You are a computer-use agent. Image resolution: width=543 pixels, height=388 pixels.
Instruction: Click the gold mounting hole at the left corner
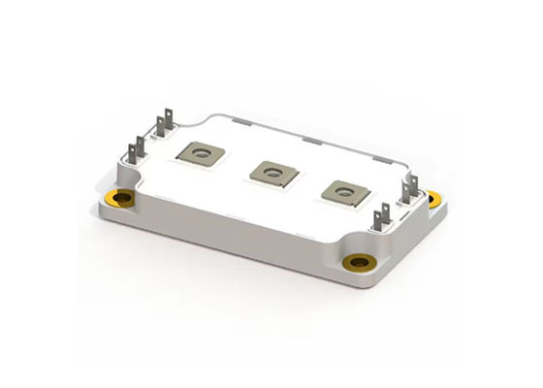(123, 199)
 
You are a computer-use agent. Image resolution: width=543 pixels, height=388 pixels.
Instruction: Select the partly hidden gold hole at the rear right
(433, 198)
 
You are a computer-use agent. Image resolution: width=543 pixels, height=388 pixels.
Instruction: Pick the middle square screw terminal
(271, 171)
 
